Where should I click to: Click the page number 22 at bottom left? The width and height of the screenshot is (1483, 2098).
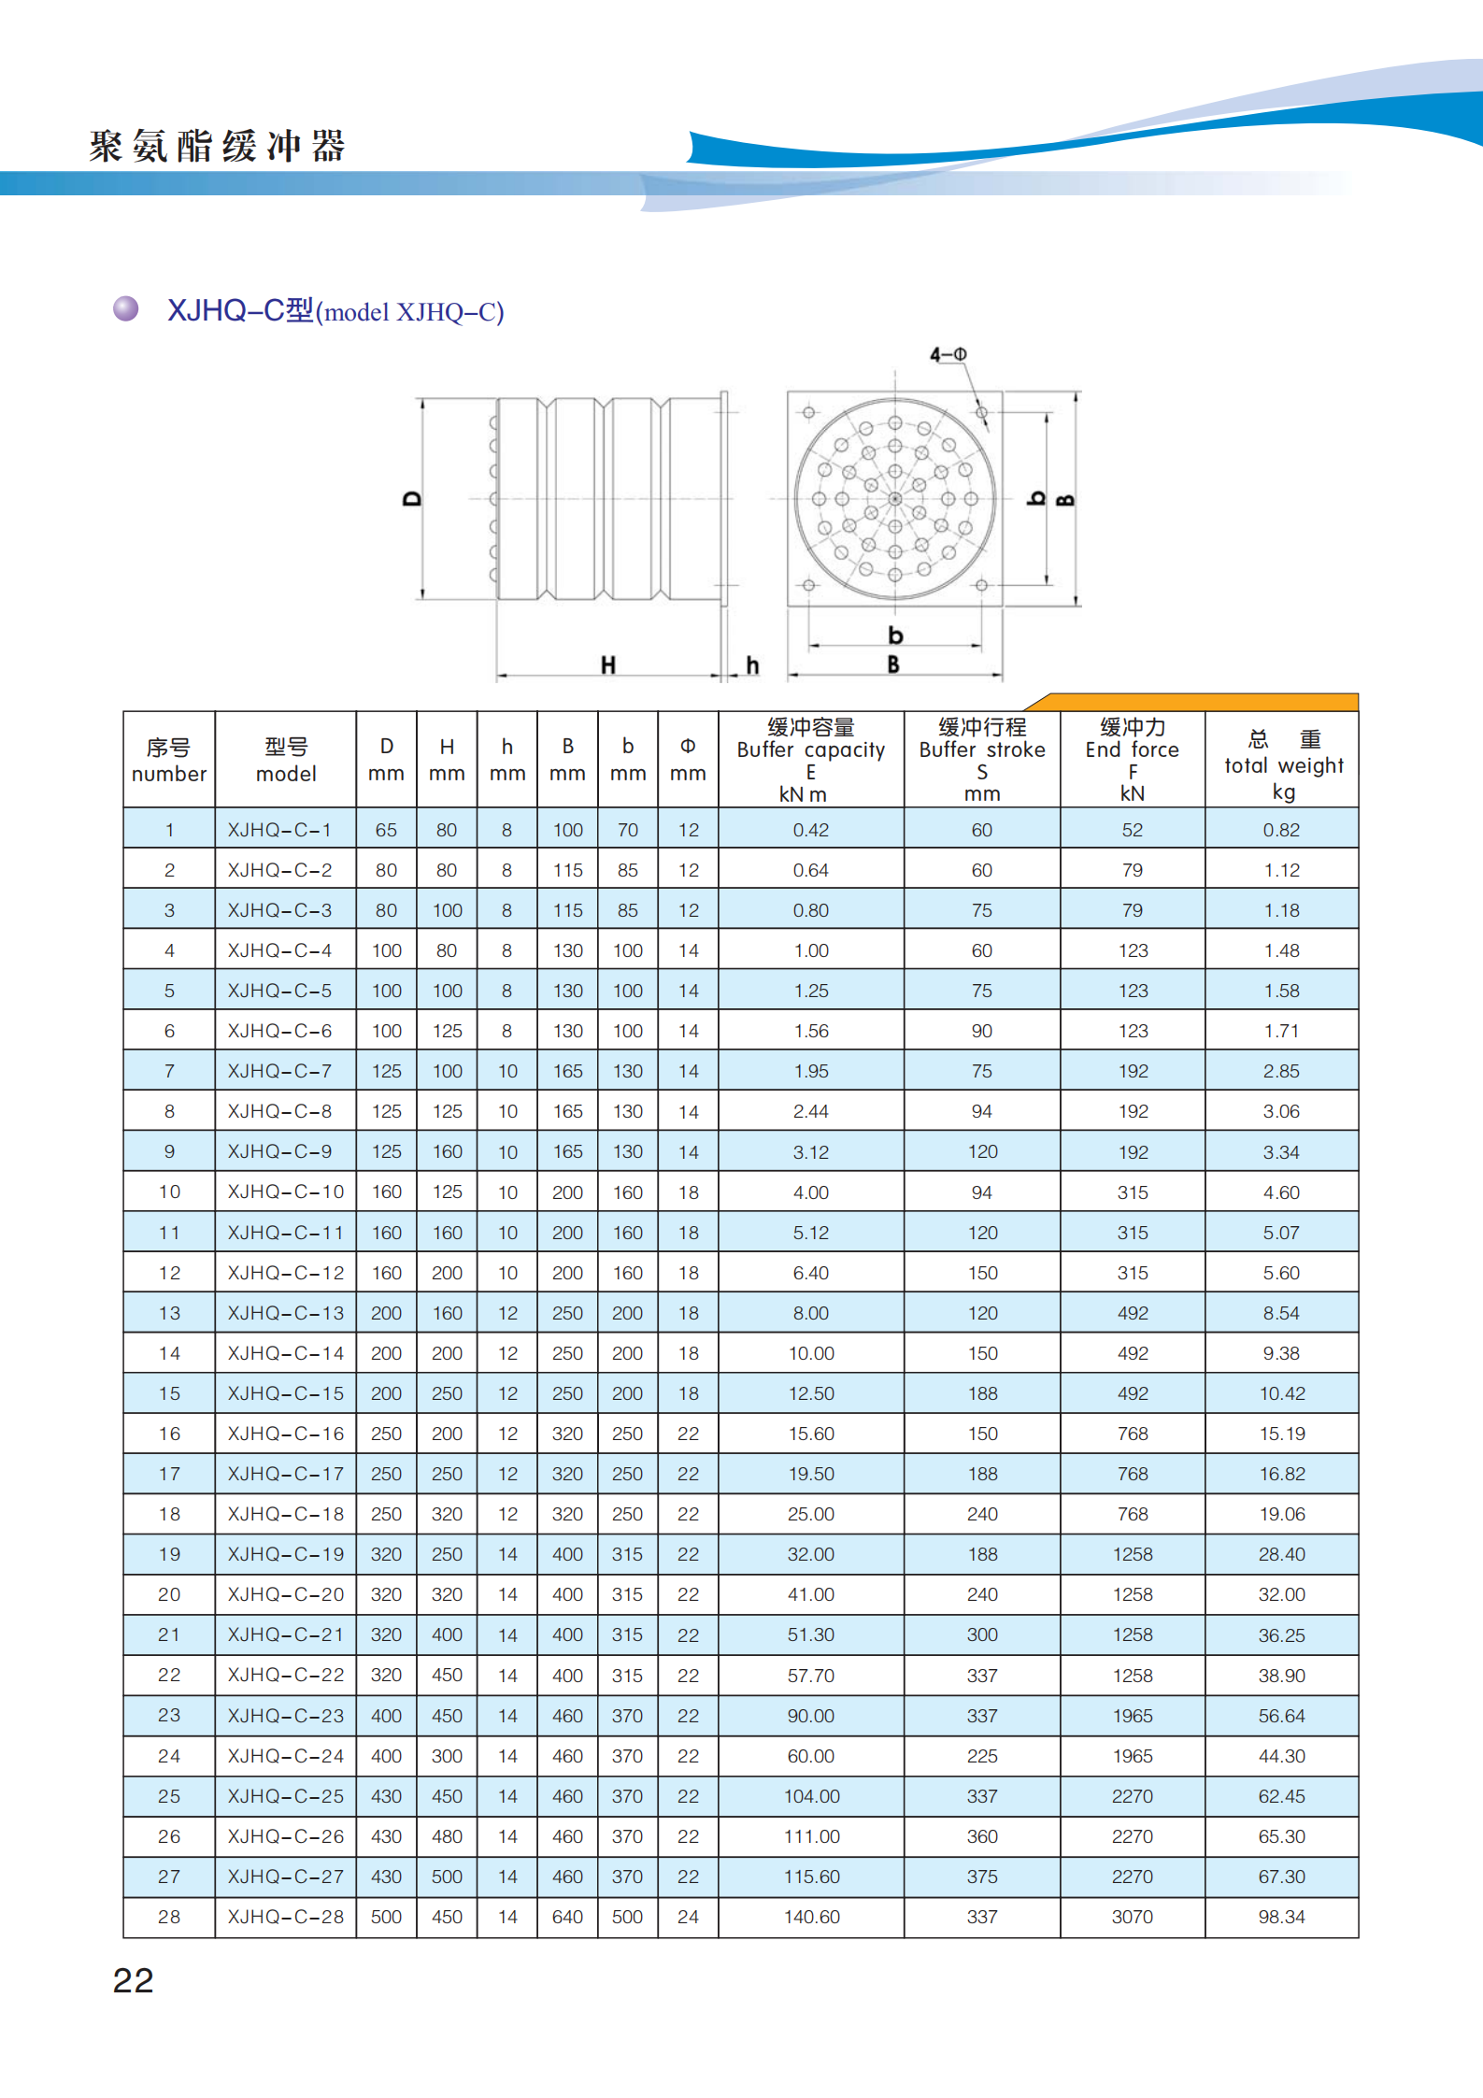click(133, 1980)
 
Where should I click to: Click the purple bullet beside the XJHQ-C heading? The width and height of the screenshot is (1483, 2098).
click(126, 308)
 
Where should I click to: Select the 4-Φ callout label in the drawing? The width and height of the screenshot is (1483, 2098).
click(948, 354)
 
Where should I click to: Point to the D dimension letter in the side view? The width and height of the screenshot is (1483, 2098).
click(412, 499)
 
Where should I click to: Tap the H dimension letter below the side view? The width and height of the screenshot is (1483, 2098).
click(608, 665)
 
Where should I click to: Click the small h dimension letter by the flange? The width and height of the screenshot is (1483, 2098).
click(752, 665)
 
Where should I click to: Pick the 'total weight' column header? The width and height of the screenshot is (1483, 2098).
click(1282, 764)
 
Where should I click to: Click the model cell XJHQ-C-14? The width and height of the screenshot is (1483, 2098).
click(285, 1353)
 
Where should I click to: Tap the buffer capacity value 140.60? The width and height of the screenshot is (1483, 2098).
click(811, 1917)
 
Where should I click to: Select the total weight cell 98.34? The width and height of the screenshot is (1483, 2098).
click(1281, 1917)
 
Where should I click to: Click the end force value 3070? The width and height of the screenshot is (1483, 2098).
click(1132, 1917)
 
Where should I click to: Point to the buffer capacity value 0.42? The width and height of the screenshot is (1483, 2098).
click(810, 830)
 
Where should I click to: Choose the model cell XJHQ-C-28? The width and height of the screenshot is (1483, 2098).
click(285, 1917)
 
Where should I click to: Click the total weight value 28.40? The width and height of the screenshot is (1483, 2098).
click(1281, 1554)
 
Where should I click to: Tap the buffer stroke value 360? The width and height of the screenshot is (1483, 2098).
click(982, 1836)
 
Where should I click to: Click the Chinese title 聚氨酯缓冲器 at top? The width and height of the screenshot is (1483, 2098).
click(218, 147)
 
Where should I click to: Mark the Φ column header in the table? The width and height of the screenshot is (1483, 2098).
click(688, 759)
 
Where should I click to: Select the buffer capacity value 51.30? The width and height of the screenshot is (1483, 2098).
click(810, 1634)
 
